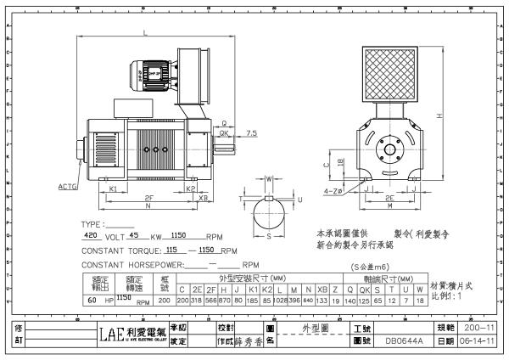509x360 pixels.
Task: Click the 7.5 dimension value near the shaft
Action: [x=252, y=132]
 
